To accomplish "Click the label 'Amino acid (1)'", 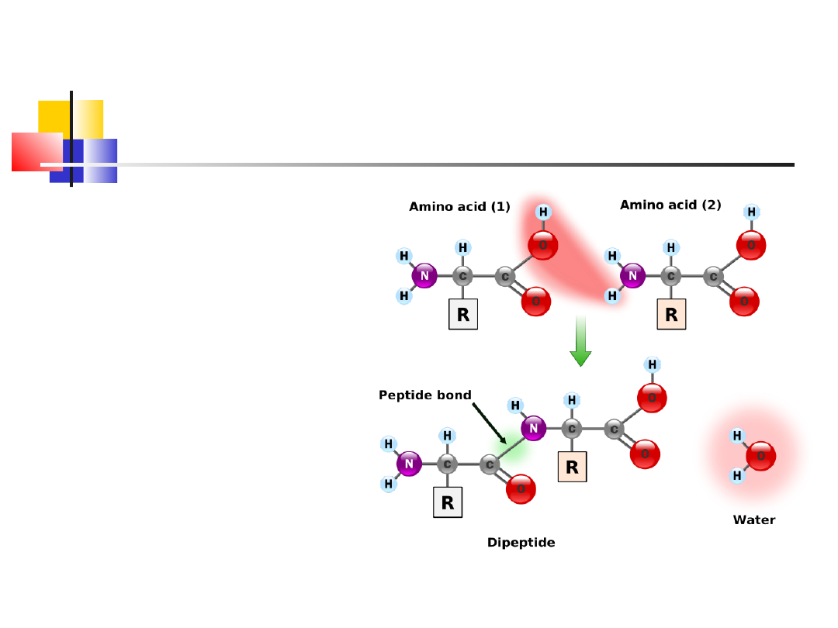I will (459, 207).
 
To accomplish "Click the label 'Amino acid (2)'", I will (670, 205).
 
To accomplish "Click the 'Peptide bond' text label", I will (424, 395).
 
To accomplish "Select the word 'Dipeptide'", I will (521, 543).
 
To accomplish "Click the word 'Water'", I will (753, 520).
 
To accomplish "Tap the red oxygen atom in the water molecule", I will (760, 456).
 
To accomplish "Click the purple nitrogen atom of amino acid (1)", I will (424, 275).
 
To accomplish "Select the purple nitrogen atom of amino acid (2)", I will (632, 275).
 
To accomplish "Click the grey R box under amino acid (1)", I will (463, 315).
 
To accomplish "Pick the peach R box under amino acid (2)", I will (671, 315).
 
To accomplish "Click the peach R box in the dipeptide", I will (572, 467).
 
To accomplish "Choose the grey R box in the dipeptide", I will (447, 502).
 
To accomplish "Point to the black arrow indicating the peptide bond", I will (490, 423).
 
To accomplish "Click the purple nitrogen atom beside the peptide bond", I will (533, 427).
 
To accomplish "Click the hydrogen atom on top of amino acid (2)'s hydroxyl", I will (751, 212).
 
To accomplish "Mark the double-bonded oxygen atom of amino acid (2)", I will (744, 301).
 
